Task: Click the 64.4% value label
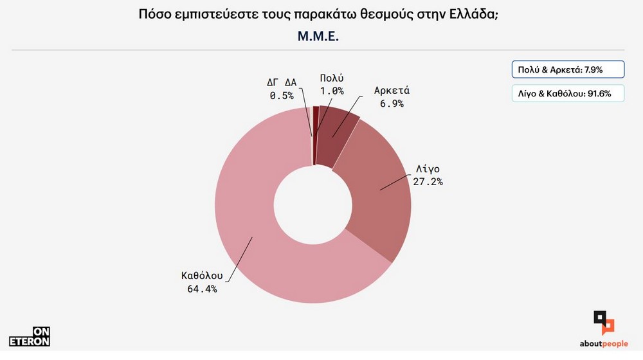tap(200, 289)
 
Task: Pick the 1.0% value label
tap(332, 91)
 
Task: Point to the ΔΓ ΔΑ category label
tap(281, 82)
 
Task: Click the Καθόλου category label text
tap(201, 276)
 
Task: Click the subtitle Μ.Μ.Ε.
tap(318, 37)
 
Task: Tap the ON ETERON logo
tap(30, 336)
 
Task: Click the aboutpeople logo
tap(604, 328)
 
